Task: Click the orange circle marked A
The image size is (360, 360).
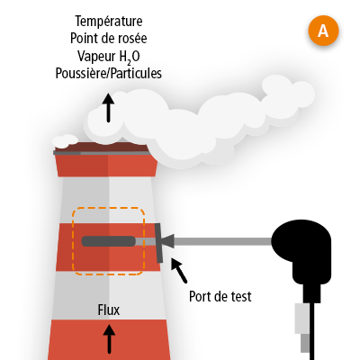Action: tap(323, 31)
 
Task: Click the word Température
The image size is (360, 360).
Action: tap(108, 20)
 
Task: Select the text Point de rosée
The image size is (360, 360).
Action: tap(108, 38)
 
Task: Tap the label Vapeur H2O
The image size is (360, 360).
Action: tap(108, 56)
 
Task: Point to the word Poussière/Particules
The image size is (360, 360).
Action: tap(108, 74)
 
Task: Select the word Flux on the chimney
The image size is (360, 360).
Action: tap(109, 310)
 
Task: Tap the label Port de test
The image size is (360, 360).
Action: tap(220, 295)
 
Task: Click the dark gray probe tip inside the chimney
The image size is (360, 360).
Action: tap(108, 241)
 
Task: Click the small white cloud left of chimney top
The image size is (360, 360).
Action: tap(65, 140)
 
